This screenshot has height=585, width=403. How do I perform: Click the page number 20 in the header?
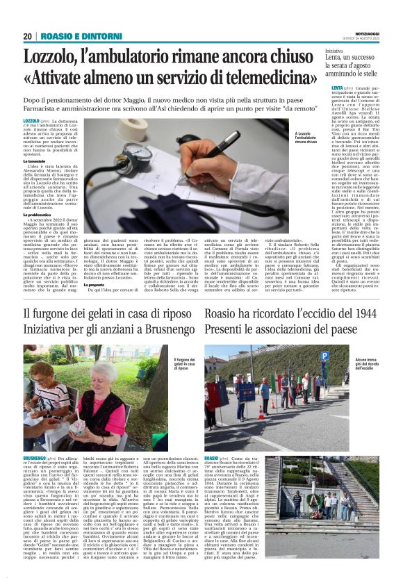click(28, 36)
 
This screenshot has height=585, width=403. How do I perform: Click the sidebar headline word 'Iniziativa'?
click(334, 51)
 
